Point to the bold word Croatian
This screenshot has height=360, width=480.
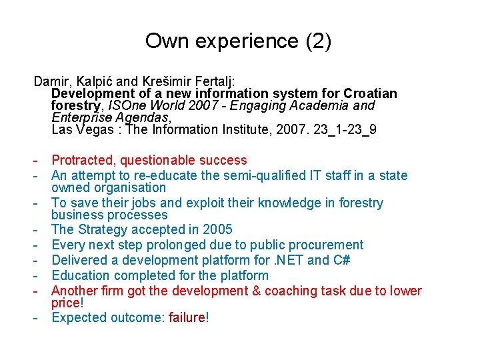coord(370,94)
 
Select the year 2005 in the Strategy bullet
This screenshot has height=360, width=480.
coord(217,229)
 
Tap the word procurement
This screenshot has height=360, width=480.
coord(327,245)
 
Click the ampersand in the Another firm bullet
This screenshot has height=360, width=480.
coord(255,291)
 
